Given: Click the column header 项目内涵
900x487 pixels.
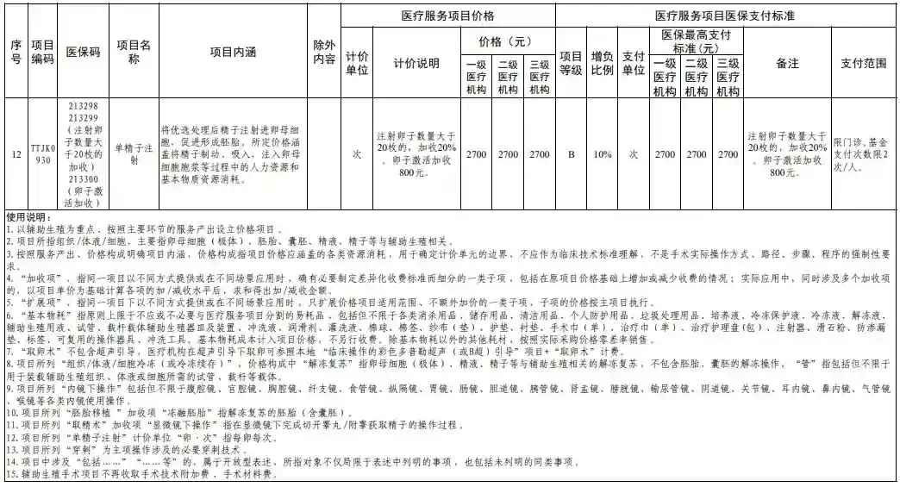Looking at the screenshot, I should pyautogui.click(x=233, y=52).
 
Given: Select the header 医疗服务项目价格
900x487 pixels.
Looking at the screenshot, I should pyautogui.click(x=447, y=16).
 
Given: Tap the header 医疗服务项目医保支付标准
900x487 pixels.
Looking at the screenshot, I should pyautogui.click(x=735, y=16).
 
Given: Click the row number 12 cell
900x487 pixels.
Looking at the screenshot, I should pyautogui.click(x=15, y=154).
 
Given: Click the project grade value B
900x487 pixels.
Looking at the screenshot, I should pyautogui.click(x=571, y=154).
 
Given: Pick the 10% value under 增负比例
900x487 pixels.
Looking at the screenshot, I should pyautogui.click(x=602, y=154).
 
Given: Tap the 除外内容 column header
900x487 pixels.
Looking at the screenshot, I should pyautogui.click(x=325, y=52).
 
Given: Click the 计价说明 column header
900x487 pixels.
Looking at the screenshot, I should pyautogui.click(x=416, y=64).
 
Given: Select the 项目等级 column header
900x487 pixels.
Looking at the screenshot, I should pyautogui.click(x=571, y=64).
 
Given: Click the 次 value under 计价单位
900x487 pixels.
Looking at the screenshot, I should pyautogui.click(x=356, y=154).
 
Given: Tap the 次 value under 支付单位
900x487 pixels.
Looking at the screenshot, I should pyautogui.click(x=634, y=154).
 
